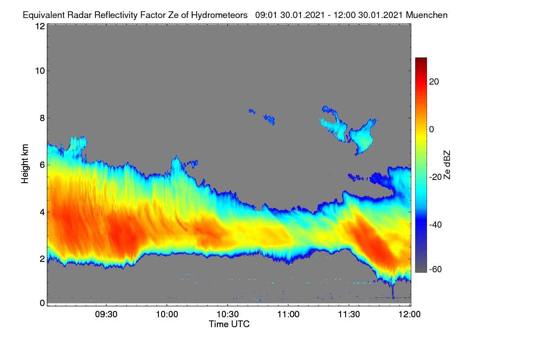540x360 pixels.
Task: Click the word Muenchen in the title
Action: pos(427,15)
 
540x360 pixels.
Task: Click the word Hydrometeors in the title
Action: pos(219,15)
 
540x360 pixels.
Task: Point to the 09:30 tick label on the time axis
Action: pos(106,315)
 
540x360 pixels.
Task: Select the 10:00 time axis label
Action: pos(167,315)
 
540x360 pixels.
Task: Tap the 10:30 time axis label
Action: pos(228,315)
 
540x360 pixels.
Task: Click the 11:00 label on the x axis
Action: pos(288,315)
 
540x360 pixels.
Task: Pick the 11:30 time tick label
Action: pos(349,315)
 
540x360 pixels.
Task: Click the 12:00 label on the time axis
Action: pos(409,315)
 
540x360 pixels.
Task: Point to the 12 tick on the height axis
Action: pos(40,26)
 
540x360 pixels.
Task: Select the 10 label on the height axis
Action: pos(40,71)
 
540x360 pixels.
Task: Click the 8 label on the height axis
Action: pos(42,118)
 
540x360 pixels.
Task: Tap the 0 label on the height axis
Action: pos(42,303)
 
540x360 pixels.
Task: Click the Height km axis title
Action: pos(25,164)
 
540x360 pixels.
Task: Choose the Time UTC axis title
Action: pos(229,324)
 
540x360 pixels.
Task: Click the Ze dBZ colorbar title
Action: pos(447,165)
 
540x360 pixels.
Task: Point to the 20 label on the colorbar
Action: pos(434,82)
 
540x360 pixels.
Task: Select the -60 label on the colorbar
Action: pos(436,270)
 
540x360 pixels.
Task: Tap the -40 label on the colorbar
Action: pos(436,225)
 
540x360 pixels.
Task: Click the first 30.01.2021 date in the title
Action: pos(302,15)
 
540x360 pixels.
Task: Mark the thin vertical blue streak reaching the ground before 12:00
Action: pos(393,291)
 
